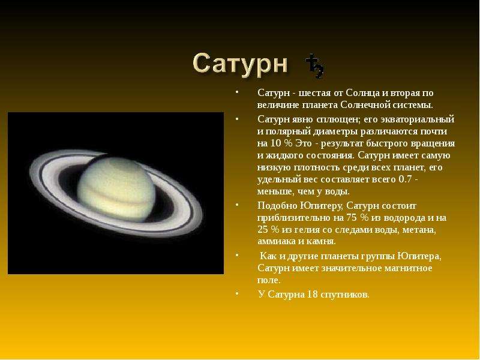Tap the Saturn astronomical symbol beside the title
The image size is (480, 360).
pyautogui.click(x=314, y=66)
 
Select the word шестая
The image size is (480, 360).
pyautogui.click(x=318, y=93)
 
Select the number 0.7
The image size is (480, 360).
pyautogui.click(x=404, y=179)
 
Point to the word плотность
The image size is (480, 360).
pyautogui.click(x=320, y=167)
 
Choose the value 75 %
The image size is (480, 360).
pyautogui.click(x=358, y=218)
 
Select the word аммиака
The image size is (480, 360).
pyautogui.click(x=277, y=241)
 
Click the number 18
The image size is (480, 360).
pyautogui.click(x=312, y=294)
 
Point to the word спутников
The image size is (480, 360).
pyautogui.click(x=344, y=295)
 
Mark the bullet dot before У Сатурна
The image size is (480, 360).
pyautogui.click(x=237, y=293)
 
